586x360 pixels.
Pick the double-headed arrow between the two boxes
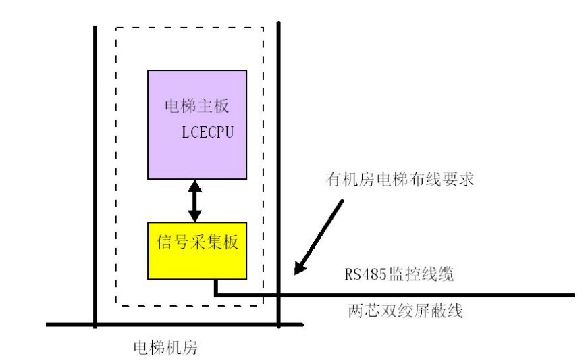(195, 201)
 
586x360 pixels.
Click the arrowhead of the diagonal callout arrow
(298, 270)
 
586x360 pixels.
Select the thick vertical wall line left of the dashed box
(95, 176)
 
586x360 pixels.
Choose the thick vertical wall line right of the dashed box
(278, 176)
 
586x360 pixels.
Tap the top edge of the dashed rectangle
(189, 28)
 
